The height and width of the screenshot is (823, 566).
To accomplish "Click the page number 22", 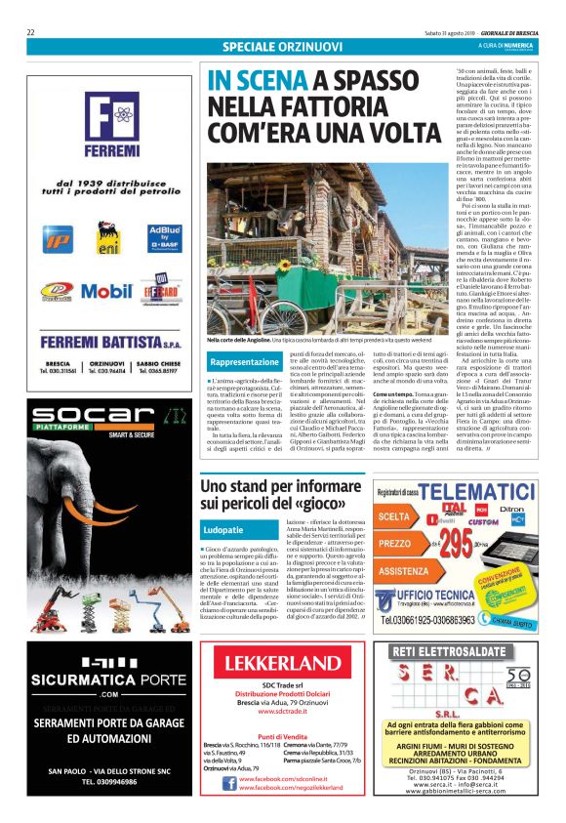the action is (31, 32).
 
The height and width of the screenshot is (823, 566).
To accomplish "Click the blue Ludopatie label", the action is (222, 528).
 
